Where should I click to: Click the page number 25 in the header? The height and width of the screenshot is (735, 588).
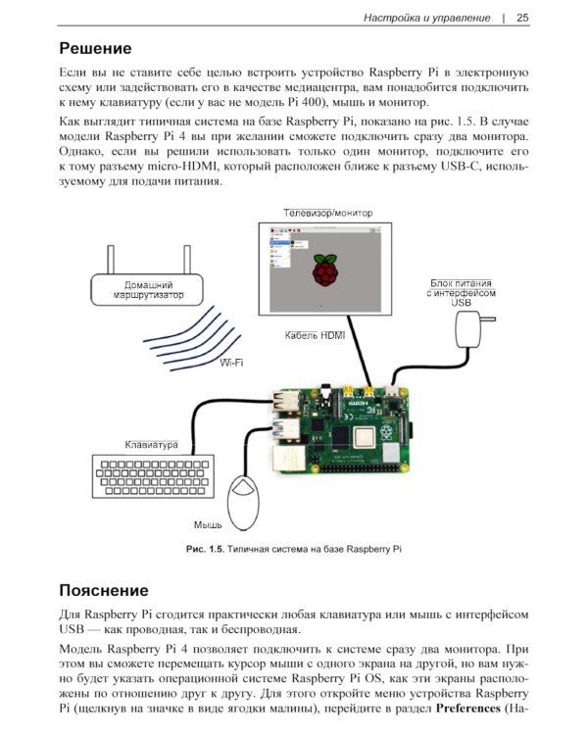tap(522, 17)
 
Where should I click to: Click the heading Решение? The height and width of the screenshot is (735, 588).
tap(95, 48)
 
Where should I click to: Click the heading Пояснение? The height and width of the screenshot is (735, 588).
tap(104, 591)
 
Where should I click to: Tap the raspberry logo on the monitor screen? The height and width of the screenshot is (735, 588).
tap(322, 269)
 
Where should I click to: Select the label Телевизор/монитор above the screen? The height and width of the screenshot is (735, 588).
tap(327, 213)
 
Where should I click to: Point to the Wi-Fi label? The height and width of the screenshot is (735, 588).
tap(231, 363)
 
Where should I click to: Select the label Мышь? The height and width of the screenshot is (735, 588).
tap(207, 524)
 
